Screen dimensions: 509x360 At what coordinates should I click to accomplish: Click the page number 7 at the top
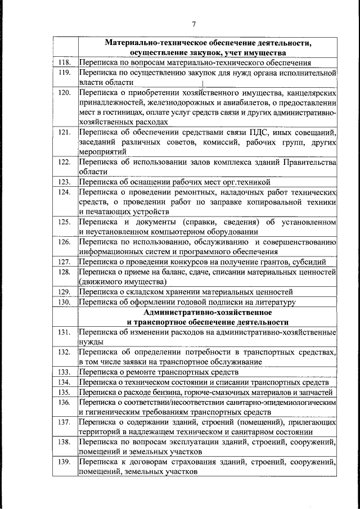click(x=193, y=24)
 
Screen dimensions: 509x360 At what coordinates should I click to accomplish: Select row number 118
click(x=65, y=63)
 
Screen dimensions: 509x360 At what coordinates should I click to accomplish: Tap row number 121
click(x=65, y=133)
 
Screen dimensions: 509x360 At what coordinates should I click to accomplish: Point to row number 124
click(x=65, y=192)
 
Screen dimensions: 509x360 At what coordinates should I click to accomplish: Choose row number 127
click(x=65, y=262)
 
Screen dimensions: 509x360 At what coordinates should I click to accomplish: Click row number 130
click(x=65, y=302)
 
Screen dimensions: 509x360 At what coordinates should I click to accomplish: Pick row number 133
click(x=65, y=372)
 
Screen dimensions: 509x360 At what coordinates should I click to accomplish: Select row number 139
click(x=65, y=462)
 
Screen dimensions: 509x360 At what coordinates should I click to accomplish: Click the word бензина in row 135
click(x=164, y=392)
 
